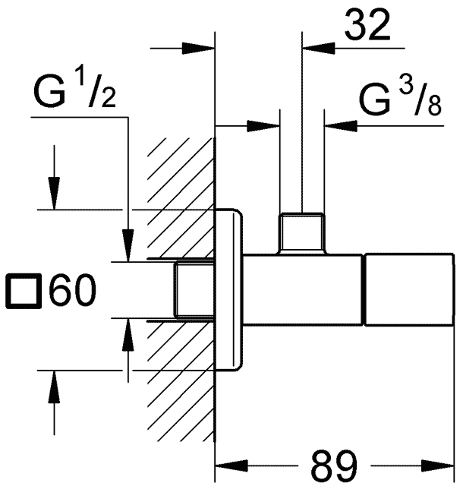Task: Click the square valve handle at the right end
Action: click(x=409, y=292)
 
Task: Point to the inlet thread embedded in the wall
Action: click(x=196, y=292)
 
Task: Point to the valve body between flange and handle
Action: click(x=304, y=292)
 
